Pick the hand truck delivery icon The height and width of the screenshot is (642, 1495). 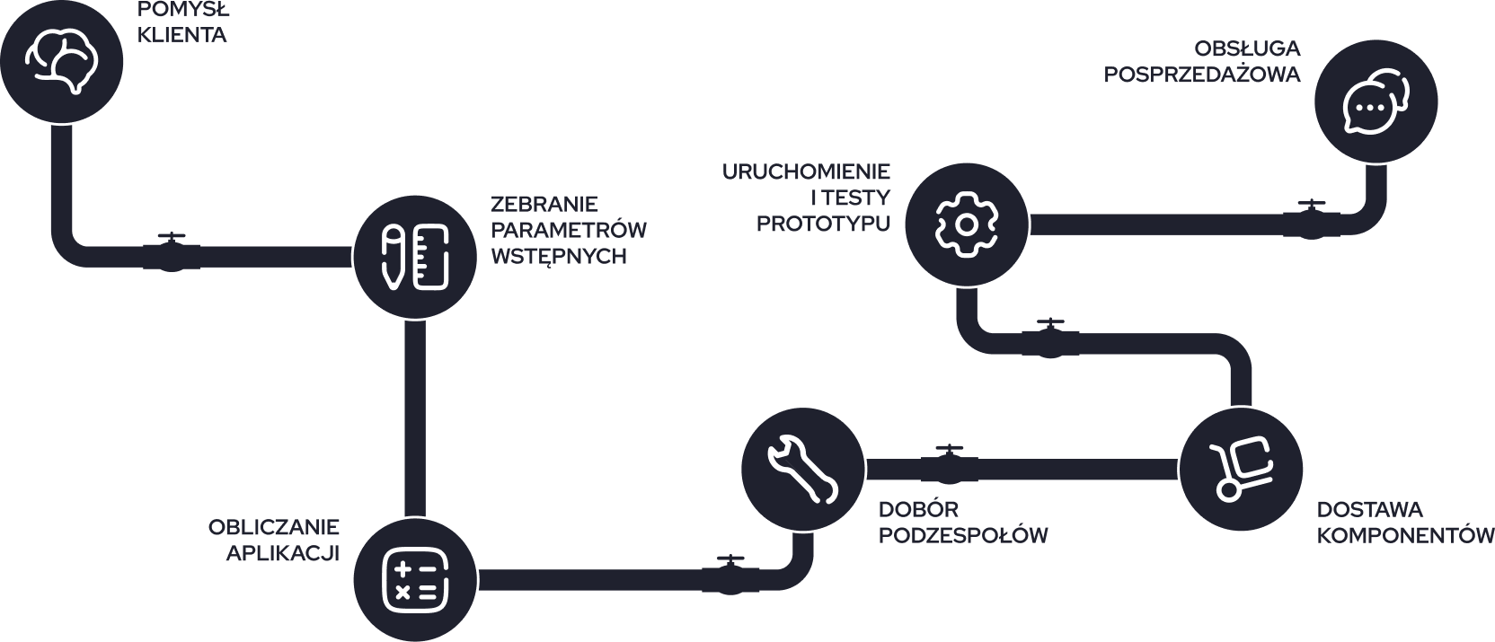(1241, 469)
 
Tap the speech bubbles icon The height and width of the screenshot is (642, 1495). (1375, 101)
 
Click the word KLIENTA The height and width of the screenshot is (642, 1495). (181, 36)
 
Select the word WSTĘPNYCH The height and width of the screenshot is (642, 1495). (558, 257)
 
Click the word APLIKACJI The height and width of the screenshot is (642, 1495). (282, 553)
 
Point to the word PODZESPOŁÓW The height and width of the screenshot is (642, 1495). (962, 536)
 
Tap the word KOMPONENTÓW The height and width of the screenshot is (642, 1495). (1404, 536)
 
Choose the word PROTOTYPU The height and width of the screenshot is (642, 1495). (823, 224)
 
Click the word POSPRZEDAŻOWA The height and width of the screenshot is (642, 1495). (1202, 75)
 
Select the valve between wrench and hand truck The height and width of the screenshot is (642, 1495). (949, 464)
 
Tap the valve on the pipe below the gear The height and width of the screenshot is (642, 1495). (1048, 339)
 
